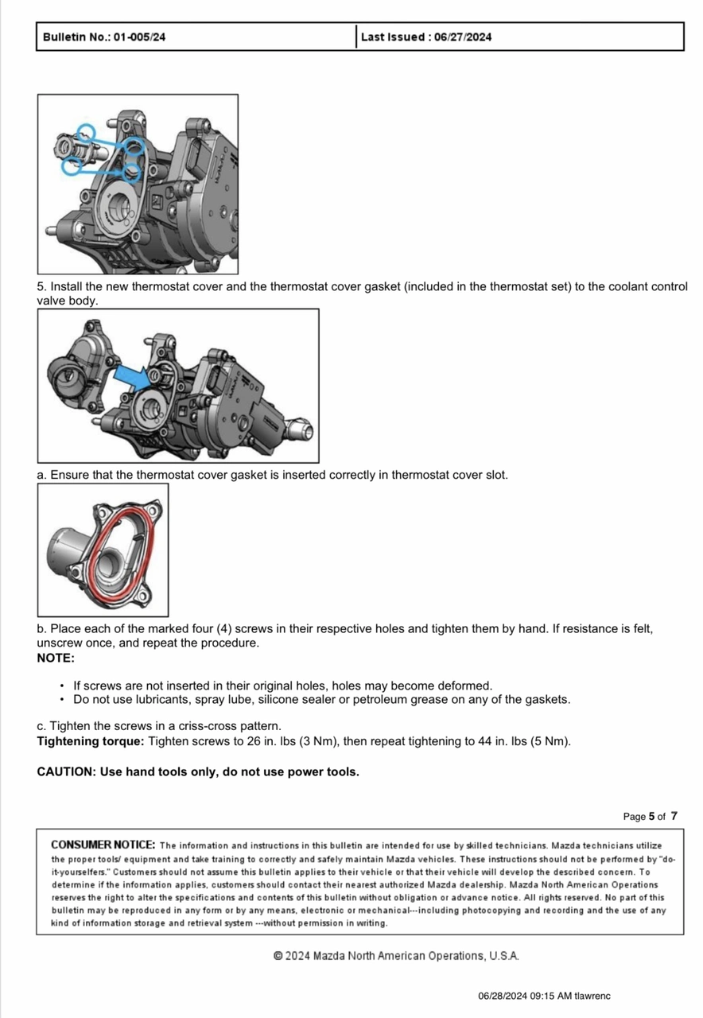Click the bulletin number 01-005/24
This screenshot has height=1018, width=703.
139,37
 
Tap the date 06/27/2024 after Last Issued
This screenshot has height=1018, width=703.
463,37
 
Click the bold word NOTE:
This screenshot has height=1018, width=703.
56,658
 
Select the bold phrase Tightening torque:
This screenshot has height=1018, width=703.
91,741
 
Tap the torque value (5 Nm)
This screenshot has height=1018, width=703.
553,741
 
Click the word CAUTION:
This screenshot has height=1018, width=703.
67,771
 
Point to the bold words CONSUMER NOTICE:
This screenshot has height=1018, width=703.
103,845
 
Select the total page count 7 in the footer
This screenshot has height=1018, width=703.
674,816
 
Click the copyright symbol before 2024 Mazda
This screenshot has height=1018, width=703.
278,955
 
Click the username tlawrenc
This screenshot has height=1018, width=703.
593,996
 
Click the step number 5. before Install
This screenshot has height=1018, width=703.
42,286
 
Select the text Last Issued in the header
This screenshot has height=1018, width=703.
392,37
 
